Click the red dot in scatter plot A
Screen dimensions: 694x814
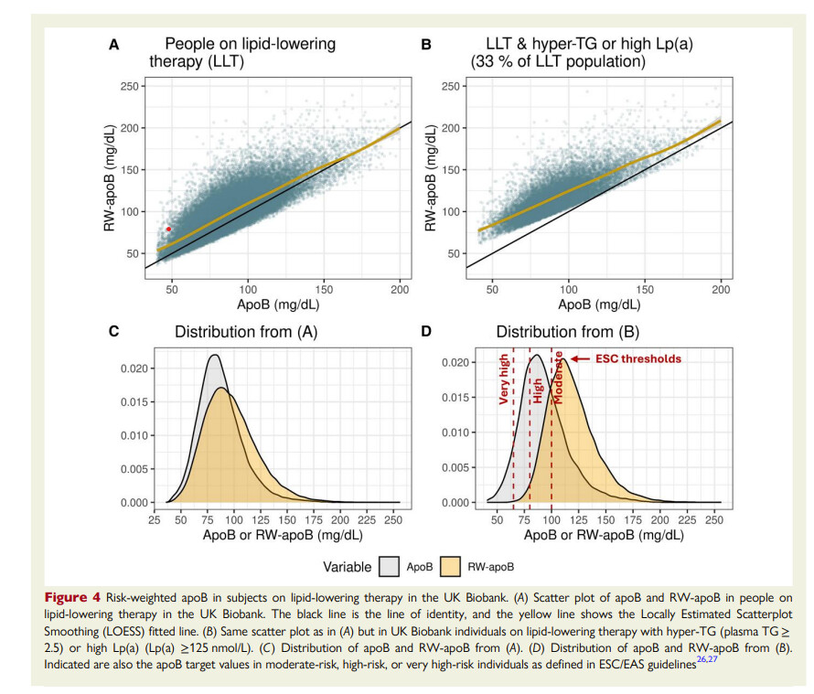click(168, 230)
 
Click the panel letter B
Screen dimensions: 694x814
click(425, 43)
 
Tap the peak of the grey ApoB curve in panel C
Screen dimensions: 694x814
click(214, 355)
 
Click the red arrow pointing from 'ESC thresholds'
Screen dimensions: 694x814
click(577, 359)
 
